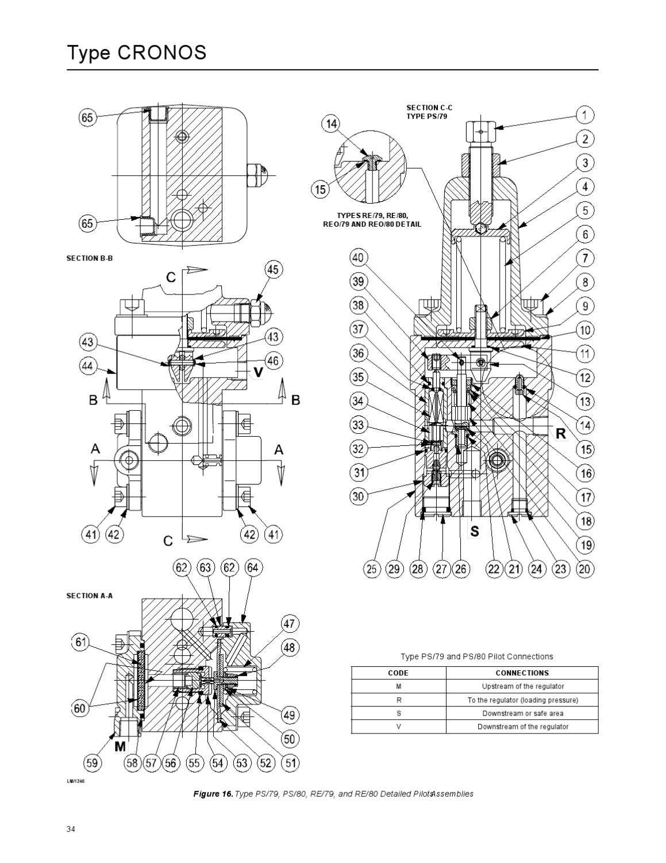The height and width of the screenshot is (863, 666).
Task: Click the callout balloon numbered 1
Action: click(584, 115)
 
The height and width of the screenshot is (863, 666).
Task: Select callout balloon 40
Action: click(359, 257)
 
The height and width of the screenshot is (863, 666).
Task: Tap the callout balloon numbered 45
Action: click(272, 270)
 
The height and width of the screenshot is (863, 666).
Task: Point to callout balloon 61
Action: click(81, 642)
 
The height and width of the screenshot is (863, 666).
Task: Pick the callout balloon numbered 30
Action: click(359, 497)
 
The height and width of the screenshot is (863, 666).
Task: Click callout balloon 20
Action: click(584, 569)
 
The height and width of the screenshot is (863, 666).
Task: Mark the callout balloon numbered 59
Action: click(91, 763)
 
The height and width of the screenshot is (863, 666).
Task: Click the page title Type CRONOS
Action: click(137, 52)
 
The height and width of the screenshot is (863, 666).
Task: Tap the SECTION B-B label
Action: click(90, 258)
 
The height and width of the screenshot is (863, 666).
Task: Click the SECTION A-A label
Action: click(90, 595)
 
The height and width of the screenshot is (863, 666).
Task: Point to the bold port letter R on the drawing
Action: click(560, 434)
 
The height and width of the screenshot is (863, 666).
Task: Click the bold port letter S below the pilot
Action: click(474, 532)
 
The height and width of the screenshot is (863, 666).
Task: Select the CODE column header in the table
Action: click(398, 673)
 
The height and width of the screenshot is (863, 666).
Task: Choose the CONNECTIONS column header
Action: click(522, 673)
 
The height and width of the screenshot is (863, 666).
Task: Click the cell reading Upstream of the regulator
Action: click(522, 686)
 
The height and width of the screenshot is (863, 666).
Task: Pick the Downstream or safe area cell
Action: click(522, 713)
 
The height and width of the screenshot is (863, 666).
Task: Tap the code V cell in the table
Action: click(398, 727)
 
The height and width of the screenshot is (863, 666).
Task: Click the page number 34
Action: click(71, 829)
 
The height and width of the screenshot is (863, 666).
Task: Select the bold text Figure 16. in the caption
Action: click(213, 794)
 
